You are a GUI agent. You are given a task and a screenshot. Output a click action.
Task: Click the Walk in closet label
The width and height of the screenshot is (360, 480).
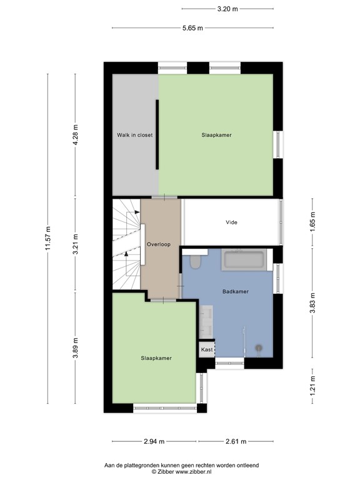point(134,135)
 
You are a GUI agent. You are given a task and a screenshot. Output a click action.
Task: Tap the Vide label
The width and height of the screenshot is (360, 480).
point(231,222)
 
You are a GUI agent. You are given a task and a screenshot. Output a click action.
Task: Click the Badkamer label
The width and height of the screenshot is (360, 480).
point(236,291)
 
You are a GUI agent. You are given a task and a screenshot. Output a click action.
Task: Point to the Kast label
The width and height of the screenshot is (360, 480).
point(206,350)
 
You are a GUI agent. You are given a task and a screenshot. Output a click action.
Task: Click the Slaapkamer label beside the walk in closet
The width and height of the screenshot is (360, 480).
point(217,135)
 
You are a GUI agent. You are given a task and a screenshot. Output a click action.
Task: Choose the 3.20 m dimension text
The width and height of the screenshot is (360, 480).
point(227,9)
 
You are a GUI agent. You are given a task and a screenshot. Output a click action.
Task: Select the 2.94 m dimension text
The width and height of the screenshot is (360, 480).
point(154,441)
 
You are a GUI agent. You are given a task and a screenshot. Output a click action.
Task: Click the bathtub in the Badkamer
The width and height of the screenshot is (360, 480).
point(245,259)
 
